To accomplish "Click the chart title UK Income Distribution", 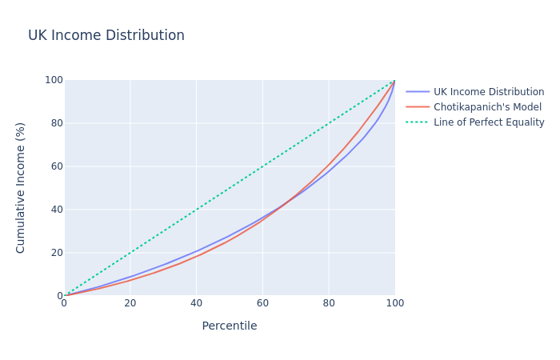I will pos(106,36).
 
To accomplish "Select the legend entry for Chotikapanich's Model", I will pos(487,107).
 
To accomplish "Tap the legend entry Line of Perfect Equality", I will pos(489,122).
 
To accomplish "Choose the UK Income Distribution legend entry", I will pos(489,92).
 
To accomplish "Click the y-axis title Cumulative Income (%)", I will pos(21,188).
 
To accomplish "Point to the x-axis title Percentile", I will pos(230,326).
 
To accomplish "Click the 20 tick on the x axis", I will pos(130,304).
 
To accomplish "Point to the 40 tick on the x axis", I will pos(196,304).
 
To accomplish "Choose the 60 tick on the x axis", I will pos(262,304).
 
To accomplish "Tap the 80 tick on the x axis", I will pos(328,304).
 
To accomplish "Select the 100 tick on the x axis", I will pos(394,304).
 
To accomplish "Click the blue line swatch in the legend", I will pos(418,92).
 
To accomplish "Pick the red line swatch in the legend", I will pos(418,107).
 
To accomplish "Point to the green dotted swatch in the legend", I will pos(418,122).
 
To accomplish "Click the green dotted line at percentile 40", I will pos(196,210).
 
